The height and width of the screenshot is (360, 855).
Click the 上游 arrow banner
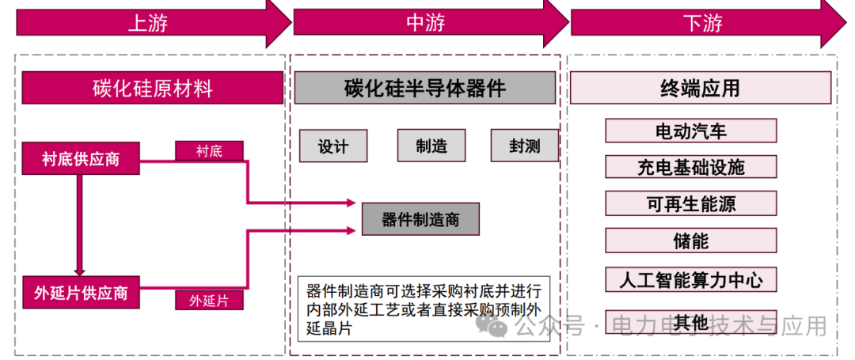(x=149, y=24)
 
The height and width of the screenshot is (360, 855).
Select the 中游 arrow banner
(x=426, y=24)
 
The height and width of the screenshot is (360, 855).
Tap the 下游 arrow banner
(x=703, y=24)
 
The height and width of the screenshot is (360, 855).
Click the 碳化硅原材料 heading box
(x=153, y=88)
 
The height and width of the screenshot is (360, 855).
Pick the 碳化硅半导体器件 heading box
(x=425, y=88)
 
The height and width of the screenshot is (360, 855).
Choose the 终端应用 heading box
(x=701, y=88)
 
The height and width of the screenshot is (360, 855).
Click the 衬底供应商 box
(x=81, y=159)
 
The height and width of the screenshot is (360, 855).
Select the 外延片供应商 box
(x=81, y=293)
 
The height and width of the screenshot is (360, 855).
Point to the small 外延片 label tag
(x=209, y=301)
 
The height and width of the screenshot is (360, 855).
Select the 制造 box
(x=431, y=146)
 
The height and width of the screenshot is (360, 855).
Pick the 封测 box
(x=525, y=146)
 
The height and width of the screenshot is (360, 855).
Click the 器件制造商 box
(x=420, y=219)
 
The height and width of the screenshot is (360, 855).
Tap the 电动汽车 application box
(x=691, y=131)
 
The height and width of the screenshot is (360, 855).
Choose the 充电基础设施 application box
(x=691, y=167)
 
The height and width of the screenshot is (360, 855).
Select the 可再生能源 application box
(x=691, y=203)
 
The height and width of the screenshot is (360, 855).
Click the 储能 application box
(x=691, y=241)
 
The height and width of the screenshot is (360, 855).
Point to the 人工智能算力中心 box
(x=691, y=279)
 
